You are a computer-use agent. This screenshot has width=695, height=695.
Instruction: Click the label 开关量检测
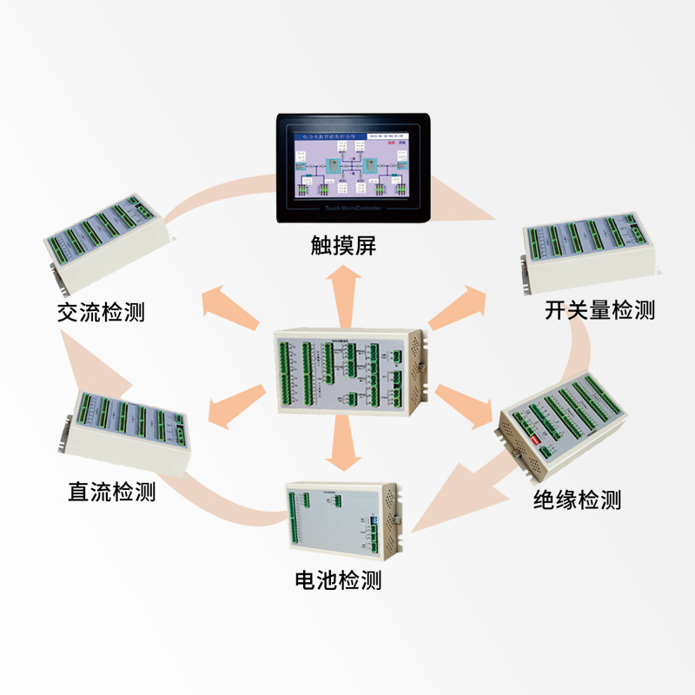600,309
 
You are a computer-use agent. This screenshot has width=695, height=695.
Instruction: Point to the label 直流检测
112,492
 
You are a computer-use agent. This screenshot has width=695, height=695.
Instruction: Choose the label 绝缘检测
577,500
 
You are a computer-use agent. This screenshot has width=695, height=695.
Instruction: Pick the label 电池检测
338,579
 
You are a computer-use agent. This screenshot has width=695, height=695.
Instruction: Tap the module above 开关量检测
591,252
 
